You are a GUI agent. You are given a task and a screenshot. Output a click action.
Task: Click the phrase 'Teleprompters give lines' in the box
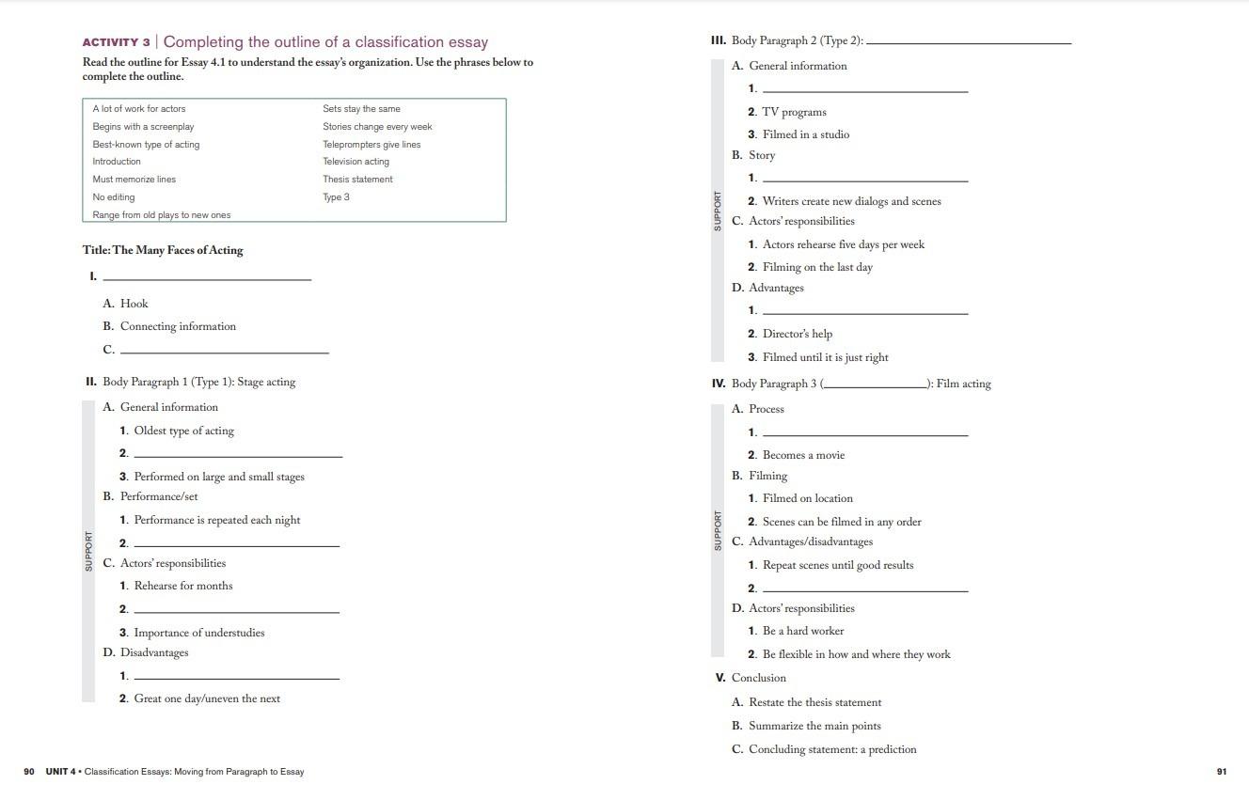372,145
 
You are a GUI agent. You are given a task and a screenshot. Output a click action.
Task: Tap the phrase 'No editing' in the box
114,197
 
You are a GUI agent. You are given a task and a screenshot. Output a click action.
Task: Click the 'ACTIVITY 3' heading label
116,42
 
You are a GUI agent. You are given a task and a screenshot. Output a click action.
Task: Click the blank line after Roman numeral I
206,277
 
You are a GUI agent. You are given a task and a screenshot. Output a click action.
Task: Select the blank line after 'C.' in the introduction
225,351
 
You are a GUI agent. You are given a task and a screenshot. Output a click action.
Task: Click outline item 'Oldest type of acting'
183,431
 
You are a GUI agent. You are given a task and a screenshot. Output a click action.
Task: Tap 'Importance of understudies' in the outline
199,633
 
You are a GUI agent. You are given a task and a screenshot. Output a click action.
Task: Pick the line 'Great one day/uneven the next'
207,698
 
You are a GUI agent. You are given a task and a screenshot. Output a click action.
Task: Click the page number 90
29,772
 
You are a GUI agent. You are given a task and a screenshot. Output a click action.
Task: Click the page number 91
1222,772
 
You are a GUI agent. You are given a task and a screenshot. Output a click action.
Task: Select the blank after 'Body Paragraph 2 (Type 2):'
969,42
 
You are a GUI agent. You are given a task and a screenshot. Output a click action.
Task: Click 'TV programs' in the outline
795,112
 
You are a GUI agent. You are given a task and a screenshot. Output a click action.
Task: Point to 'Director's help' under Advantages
798,334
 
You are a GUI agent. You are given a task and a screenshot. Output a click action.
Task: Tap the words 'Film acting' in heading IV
964,384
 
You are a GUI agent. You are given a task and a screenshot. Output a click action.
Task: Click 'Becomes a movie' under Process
803,455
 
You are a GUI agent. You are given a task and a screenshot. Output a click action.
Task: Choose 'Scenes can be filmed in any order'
842,522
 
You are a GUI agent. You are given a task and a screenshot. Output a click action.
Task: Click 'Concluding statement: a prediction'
832,749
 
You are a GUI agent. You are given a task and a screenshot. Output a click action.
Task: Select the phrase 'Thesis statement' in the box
357,180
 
